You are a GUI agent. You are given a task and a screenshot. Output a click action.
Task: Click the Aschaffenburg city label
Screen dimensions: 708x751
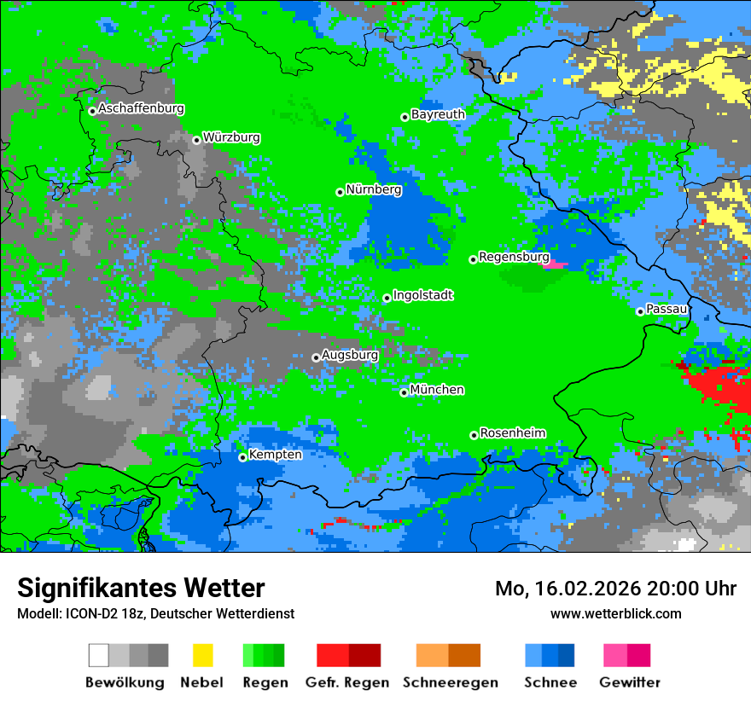click(141, 108)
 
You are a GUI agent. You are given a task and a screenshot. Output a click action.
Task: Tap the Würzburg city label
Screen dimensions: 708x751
click(231, 137)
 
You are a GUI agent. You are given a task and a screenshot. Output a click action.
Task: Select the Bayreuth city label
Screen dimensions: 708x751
click(438, 114)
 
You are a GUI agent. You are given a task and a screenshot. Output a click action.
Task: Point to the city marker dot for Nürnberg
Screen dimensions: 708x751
click(340, 192)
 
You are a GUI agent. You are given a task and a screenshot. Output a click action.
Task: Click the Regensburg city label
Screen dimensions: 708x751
click(514, 257)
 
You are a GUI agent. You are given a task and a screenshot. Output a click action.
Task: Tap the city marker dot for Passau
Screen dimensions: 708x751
click(640, 311)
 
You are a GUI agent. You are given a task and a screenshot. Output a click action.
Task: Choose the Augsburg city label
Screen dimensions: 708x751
click(350, 355)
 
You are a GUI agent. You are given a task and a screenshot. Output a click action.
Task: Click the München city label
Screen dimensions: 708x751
click(437, 390)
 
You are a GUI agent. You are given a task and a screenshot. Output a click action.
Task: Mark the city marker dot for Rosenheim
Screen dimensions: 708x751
click(474, 435)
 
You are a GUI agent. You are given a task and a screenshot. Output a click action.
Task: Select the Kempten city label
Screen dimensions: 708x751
click(275, 455)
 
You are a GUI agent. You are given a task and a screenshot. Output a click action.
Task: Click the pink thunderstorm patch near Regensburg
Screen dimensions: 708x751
click(556, 265)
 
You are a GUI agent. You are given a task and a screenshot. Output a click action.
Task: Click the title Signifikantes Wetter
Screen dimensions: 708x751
click(141, 588)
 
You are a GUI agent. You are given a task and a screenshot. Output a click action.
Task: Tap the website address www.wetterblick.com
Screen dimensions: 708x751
click(615, 613)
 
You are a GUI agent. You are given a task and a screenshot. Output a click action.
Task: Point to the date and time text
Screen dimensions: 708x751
click(615, 589)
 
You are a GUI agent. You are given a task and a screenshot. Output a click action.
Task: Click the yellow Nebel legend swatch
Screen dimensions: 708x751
click(202, 655)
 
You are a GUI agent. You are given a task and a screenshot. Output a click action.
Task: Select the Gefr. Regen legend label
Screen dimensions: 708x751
click(347, 682)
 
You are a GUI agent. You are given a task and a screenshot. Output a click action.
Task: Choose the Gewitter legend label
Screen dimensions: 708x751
click(630, 682)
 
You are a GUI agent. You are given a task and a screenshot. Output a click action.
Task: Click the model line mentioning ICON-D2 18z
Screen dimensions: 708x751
click(155, 613)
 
